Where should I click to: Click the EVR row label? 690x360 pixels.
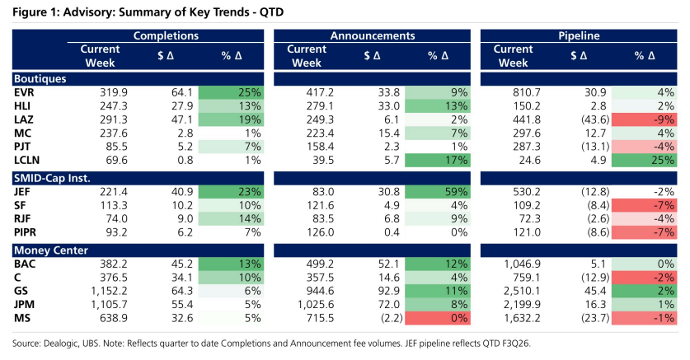[x=24, y=93]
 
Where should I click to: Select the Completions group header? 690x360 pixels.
[x=166, y=35]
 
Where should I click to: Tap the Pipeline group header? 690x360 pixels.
[x=579, y=35]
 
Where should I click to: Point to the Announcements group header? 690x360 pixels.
[x=373, y=35]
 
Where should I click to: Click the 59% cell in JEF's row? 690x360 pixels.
[x=438, y=192]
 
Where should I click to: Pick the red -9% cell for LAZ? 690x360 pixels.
[x=644, y=119]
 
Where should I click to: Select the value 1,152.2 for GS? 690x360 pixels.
[x=109, y=291]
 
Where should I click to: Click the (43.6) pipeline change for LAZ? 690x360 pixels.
[x=595, y=119]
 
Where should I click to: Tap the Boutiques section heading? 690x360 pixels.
[x=40, y=79]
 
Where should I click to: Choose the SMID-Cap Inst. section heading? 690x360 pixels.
[x=52, y=179]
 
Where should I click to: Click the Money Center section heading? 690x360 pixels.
[x=51, y=250]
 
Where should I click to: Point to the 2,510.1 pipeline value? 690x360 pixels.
[x=522, y=291]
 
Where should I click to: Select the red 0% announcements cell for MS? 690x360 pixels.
[x=438, y=318]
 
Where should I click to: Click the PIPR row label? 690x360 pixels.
[x=25, y=232]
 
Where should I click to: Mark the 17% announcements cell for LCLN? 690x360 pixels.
[x=438, y=161]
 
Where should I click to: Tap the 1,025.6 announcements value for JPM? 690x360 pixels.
[x=316, y=305]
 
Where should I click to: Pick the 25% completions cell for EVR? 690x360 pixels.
[x=231, y=93]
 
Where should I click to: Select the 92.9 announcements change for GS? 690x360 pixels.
[x=389, y=291]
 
